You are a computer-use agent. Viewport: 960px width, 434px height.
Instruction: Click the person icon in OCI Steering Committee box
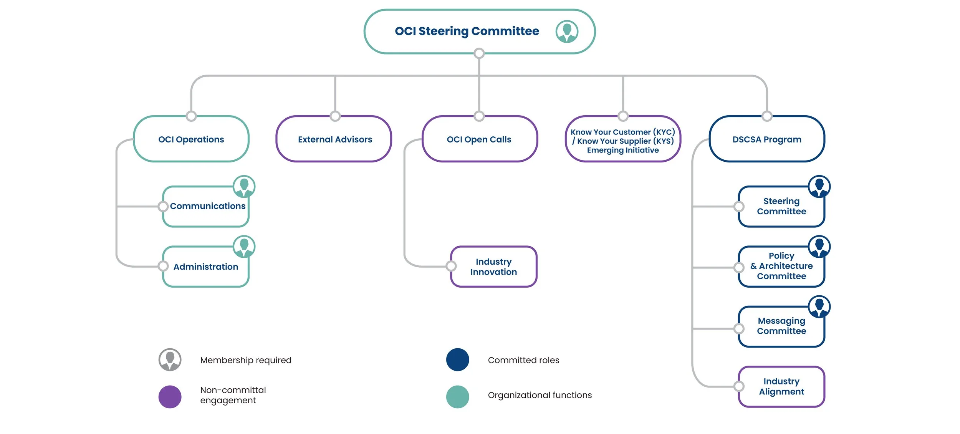pos(567,31)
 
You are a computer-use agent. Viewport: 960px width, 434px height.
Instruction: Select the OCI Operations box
pos(191,139)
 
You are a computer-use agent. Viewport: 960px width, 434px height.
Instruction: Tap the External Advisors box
pos(334,139)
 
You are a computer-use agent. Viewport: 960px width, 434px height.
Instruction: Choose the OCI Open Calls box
pos(479,139)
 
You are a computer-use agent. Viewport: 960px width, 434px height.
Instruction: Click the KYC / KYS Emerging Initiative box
pos(622,141)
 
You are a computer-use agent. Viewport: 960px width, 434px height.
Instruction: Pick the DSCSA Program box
pos(766,139)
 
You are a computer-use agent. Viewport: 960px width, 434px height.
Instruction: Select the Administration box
pos(206,267)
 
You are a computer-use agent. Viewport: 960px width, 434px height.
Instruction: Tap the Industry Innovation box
pos(493,267)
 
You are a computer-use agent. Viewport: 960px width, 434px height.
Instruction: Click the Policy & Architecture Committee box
pos(781,266)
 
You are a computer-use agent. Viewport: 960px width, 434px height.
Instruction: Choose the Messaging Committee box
pos(781,326)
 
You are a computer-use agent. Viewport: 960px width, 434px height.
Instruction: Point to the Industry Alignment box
pos(781,386)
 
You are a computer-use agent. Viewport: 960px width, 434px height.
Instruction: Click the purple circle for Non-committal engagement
pos(170,397)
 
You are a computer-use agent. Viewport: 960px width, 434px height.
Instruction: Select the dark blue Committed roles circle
pos(457,359)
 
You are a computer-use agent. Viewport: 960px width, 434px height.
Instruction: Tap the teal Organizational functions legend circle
pos(457,397)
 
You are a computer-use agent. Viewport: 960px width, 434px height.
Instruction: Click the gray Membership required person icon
pos(170,359)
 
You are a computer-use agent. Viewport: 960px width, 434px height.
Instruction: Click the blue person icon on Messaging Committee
pos(819,306)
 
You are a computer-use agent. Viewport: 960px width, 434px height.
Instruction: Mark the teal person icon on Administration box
pos(244,246)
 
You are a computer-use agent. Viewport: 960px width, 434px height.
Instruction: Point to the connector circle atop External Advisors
pos(335,116)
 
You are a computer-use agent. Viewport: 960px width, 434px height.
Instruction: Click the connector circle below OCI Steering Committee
pos(479,53)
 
